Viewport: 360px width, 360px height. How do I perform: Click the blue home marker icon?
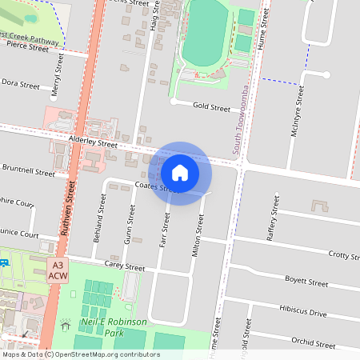(x=180, y=173)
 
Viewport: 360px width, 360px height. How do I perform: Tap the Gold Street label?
(x=211, y=107)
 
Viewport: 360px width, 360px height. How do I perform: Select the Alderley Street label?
(x=93, y=142)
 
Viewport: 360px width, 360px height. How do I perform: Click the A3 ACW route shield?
(x=58, y=270)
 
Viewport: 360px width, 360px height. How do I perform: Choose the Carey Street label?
(x=124, y=267)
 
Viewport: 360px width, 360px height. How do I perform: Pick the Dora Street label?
(x=20, y=83)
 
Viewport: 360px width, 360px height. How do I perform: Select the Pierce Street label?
(x=28, y=47)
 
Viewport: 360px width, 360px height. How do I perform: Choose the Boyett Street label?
(x=306, y=282)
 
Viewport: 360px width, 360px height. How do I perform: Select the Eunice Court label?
(x=19, y=235)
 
